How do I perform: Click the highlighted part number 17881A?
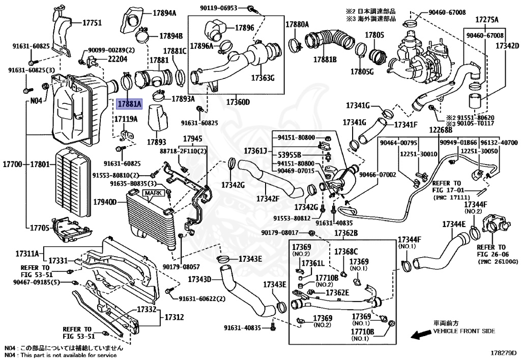coord(130,104)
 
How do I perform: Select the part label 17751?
coord(92,23)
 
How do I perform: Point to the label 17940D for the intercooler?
coord(105,202)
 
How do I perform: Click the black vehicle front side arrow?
coord(420,335)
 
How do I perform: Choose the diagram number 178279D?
coord(503,352)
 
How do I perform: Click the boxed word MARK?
coord(153,193)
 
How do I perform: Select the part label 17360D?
coord(238,102)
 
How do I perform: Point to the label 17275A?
coord(487,20)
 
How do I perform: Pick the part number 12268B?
coord(441,130)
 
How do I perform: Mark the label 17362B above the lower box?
coord(346,233)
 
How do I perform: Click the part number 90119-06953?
coord(218,7)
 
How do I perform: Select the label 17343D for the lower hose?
coord(199,279)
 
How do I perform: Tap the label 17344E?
coord(454,224)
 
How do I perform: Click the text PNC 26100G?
coord(498,262)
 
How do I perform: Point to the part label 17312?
coord(175,317)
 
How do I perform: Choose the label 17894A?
coord(164,13)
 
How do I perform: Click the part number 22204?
coord(118,59)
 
